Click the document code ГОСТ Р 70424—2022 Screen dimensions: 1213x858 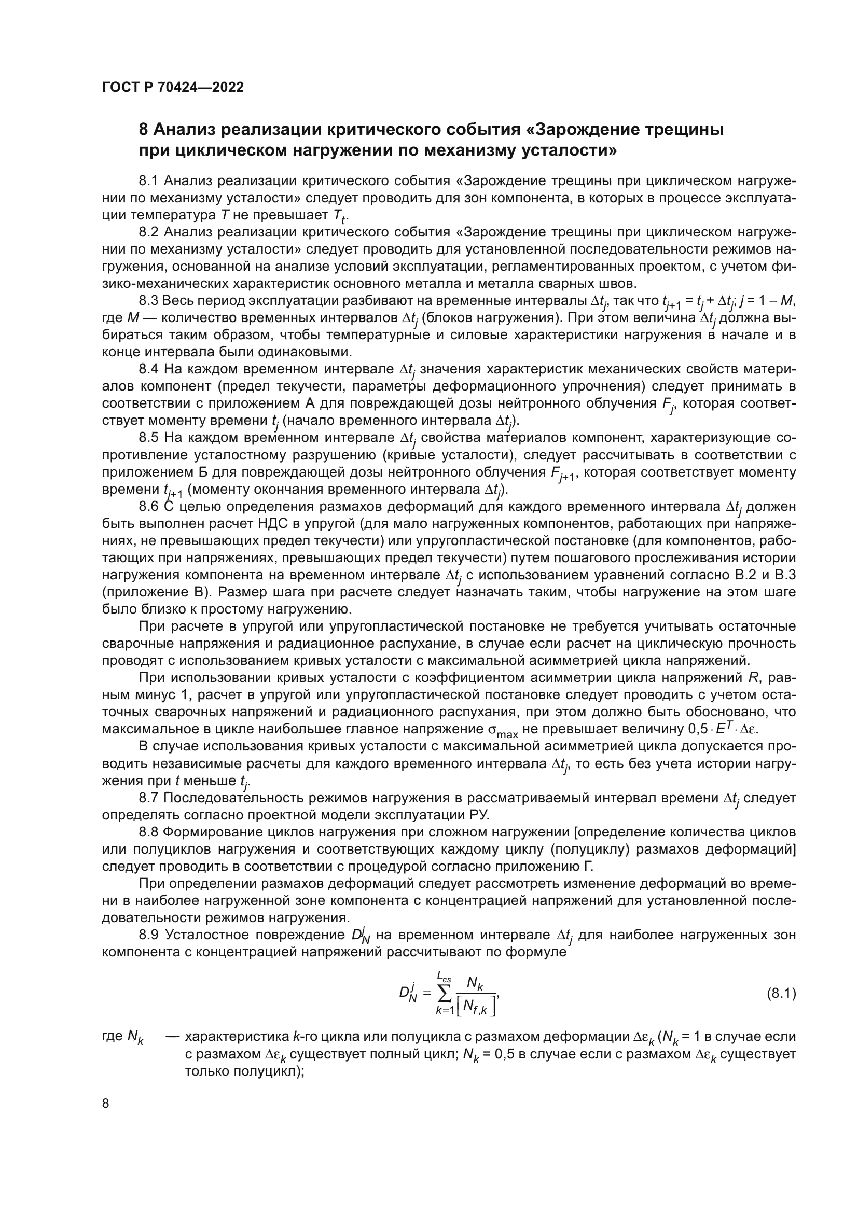coord(173,88)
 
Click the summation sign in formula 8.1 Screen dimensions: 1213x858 coord(445,994)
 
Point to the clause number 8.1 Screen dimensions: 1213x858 coord(149,181)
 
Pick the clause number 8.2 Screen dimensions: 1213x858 coord(149,232)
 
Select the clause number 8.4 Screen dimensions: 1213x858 coord(149,369)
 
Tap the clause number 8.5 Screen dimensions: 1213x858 coord(149,438)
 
